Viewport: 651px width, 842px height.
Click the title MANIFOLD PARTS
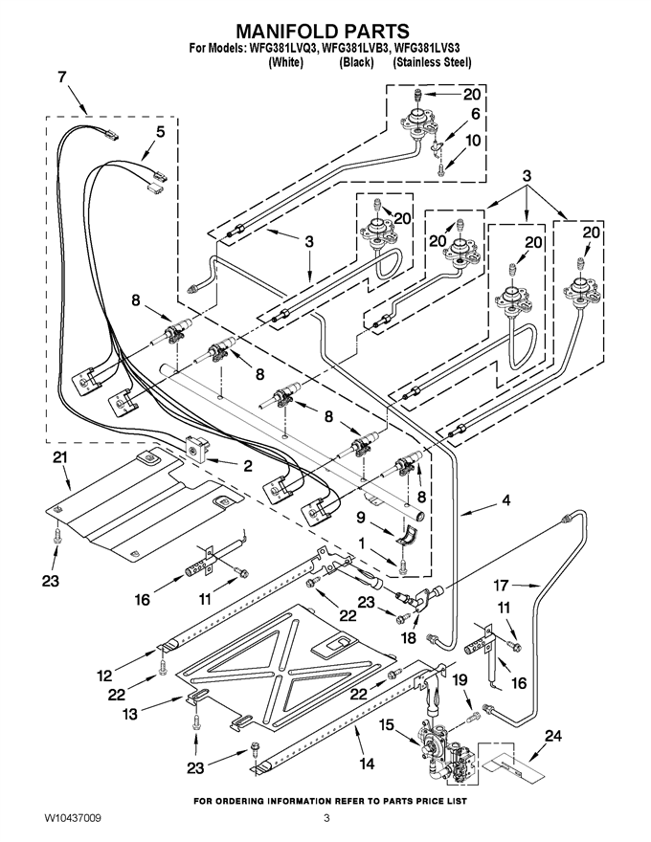click(323, 31)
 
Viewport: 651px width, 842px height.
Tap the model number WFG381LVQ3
click(281, 49)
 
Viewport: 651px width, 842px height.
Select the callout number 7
click(62, 77)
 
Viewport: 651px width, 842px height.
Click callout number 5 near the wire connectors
click(161, 132)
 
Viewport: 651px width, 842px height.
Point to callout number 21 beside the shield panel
click(60, 458)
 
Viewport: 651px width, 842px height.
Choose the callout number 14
click(367, 764)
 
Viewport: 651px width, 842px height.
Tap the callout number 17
click(501, 585)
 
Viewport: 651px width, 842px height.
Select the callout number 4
click(505, 499)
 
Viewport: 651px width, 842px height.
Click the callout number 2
click(247, 466)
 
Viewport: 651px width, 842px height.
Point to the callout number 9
click(360, 517)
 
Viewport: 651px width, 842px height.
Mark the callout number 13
click(129, 714)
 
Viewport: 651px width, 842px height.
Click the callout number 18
click(408, 637)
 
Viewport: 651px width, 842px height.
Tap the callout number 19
click(460, 680)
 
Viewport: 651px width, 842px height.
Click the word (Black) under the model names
click(356, 62)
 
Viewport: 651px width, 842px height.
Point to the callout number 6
click(475, 115)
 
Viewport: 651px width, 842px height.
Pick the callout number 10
click(473, 141)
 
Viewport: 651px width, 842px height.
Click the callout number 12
click(105, 676)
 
